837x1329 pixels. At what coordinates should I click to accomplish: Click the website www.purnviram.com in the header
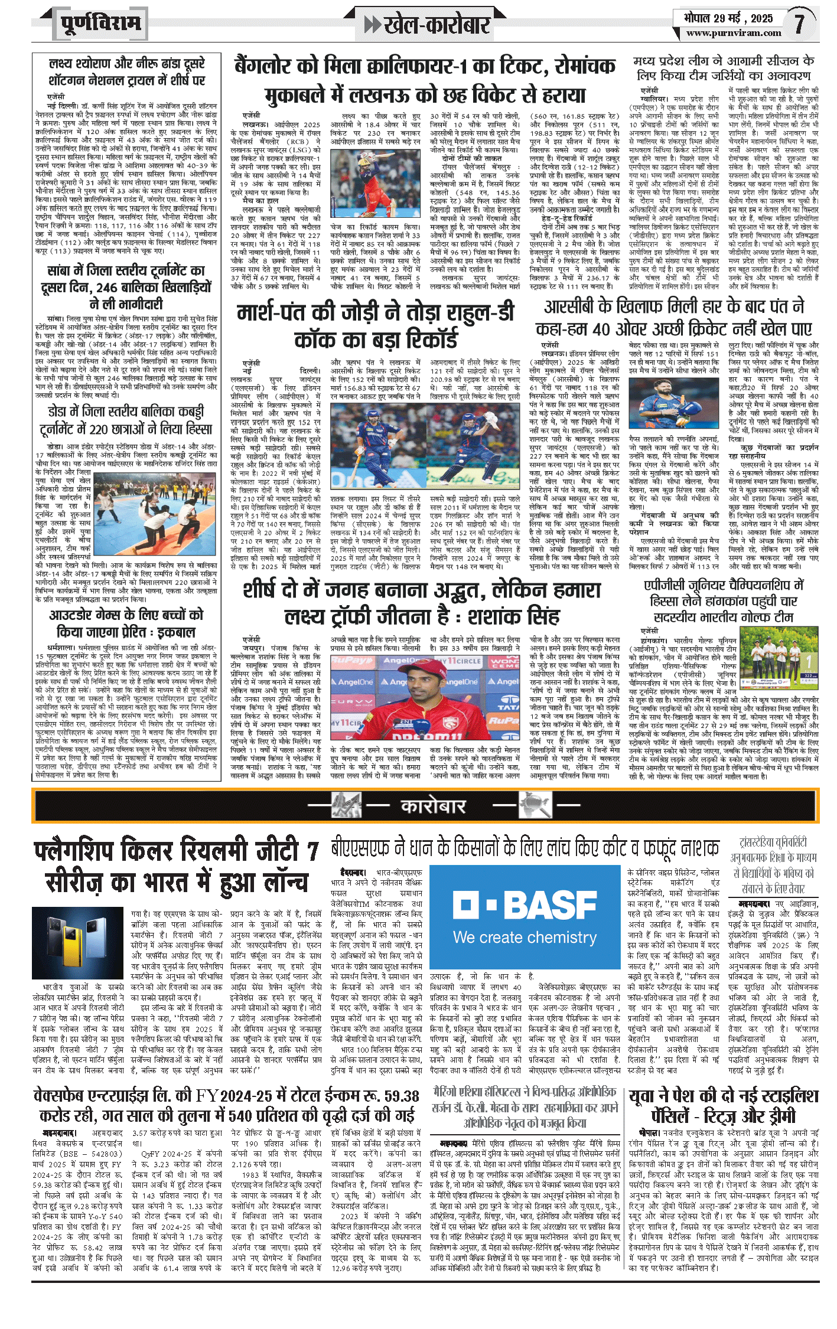734,34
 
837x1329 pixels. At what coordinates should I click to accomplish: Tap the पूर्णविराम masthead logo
100,24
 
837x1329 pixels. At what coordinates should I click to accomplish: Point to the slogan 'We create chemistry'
525,937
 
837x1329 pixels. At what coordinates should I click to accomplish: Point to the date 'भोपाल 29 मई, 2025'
728,18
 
